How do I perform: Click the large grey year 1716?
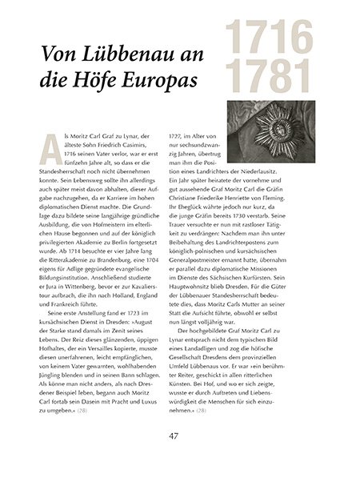pyautogui.click(x=269, y=39)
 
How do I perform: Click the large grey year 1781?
pyautogui.click(x=269, y=77)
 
